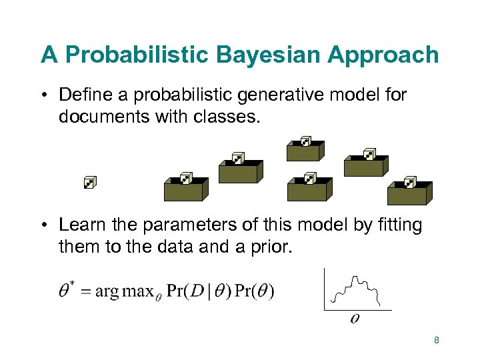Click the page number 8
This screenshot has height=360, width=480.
click(x=436, y=341)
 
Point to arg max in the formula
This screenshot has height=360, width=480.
click(x=121, y=292)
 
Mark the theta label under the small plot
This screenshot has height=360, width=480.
click(x=355, y=319)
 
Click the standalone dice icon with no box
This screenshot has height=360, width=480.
click(x=90, y=181)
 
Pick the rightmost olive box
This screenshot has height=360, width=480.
click(x=408, y=193)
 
